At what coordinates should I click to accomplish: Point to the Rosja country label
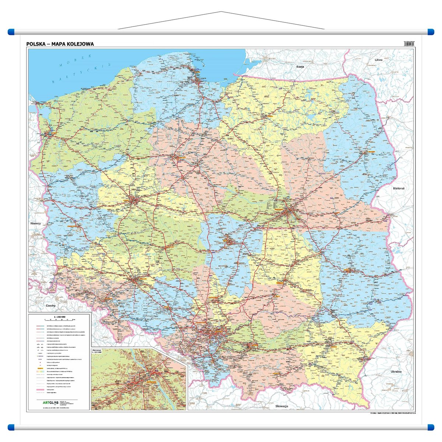[x=300, y=67]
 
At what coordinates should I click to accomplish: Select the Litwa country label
[x=379, y=60]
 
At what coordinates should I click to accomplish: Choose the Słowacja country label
[x=282, y=406]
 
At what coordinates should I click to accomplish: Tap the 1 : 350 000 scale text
[x=59, y=316]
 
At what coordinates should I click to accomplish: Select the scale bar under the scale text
[x=59, y=320]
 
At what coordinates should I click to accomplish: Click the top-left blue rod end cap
[x=11, y=32]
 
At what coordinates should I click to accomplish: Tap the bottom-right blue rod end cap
[x=431, y=427]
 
